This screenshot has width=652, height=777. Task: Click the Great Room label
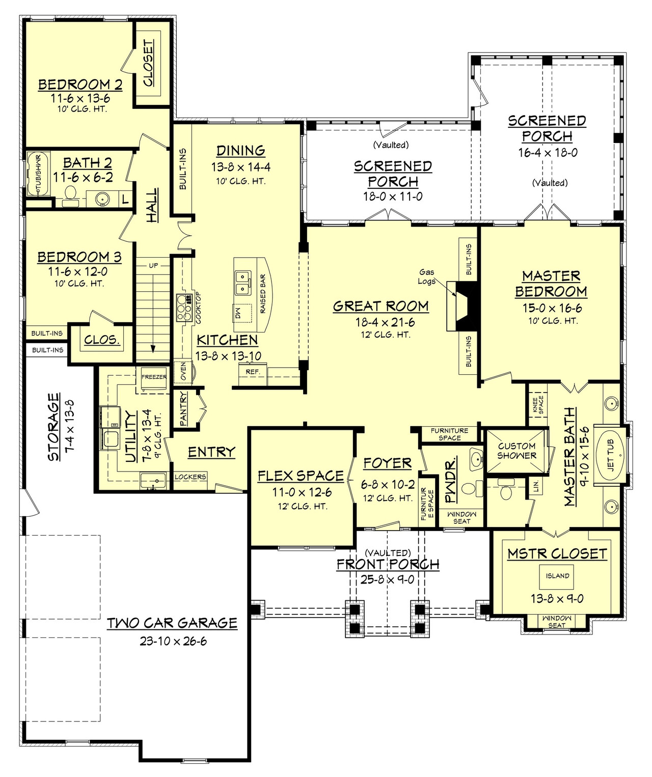[381, 306]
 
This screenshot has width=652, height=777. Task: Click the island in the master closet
[557, 576]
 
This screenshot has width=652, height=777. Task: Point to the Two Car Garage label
[172, 623]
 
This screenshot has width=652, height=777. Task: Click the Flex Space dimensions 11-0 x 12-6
[302, 492]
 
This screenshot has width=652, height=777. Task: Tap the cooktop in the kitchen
[183, 308]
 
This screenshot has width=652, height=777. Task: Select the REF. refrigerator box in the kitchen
[253, 372]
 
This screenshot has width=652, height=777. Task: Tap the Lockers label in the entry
[190, 477]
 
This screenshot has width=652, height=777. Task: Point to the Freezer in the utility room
[154, 377]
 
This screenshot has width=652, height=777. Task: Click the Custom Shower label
[517, 451]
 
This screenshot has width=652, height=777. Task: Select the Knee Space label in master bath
[538, 405]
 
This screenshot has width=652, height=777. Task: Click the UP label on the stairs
[153, 265]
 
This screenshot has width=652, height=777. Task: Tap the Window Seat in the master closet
[556, 621]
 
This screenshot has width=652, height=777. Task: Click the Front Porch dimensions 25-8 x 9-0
[388, 579]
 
